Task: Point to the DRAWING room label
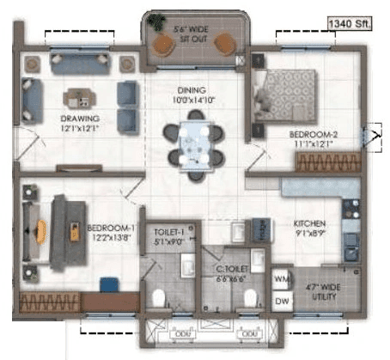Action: pyautogui.click(x=79, y=123)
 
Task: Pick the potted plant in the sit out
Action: pyautogui.click(x=158, y=22)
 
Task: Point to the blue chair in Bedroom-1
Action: pyautogui.click(x=108, y=285)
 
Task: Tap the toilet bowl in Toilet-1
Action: pyautogui.click(x=158, y=297)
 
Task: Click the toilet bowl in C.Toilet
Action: pyautogui.click(x=250, y=298)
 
